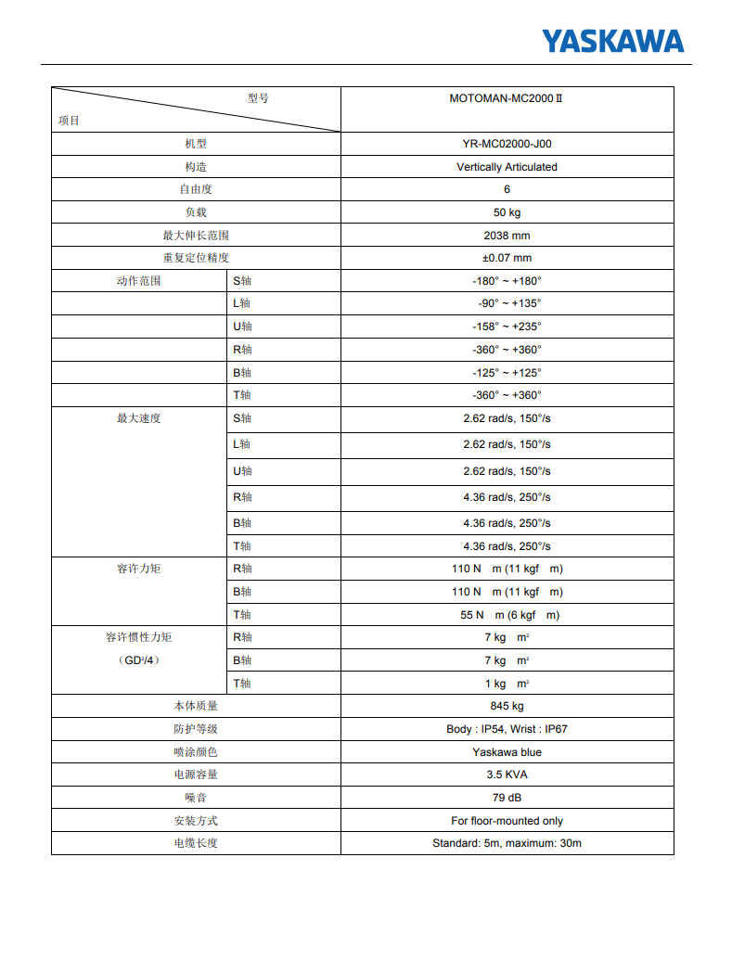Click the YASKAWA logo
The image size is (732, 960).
click(x=612, y=41)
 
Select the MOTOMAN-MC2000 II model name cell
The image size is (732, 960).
click(x=507, y=97)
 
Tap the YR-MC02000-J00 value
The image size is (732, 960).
click(x=507, y=144)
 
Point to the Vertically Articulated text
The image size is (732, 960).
click(x=507, y=167)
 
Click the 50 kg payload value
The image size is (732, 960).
click(x=507, y=212)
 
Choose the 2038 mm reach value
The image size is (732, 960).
click(x=507, y=236)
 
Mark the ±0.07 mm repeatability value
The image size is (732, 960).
click(x=507, y=258)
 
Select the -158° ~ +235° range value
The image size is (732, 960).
click(x=507, y=326)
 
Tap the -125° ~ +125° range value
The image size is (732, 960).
click(x=507, y=372)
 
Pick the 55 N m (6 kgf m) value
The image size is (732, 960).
click(x=507, y=615)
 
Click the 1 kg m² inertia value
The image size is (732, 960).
click(x=507, y=684)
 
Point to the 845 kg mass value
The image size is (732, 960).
click(x=507, y=706)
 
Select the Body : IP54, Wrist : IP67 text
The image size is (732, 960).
click(x=507, y=729)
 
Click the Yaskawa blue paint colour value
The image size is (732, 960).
click(x=507, y=752)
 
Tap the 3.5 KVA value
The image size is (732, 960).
click(x=507, y=774)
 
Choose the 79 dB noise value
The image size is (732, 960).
click(x=507, y=798)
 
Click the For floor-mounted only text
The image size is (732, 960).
click(x=507, y=821)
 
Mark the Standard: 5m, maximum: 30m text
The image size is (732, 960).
click(x=507, y=843)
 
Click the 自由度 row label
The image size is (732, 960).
click(x=196, y=189)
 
